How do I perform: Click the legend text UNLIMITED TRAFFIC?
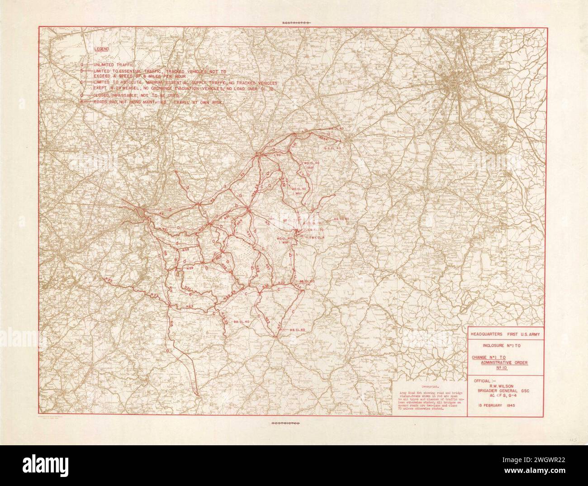pyautogui.click(x=111, y=65)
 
